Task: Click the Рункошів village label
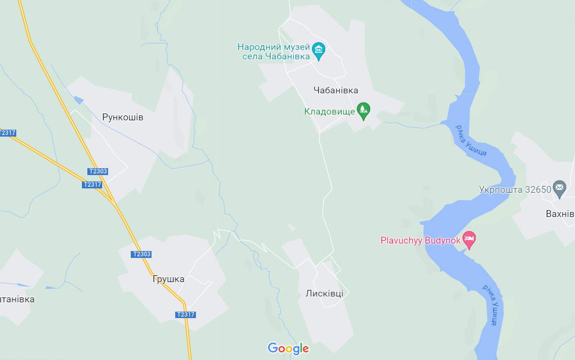click(x=122, y=117)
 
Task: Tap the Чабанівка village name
click(x=336, y=90)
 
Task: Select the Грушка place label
click(x=168, y=279)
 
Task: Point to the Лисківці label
click(x=324, y=293)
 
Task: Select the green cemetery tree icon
click(x=364, y=110)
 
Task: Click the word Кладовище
click(x=329, y=111)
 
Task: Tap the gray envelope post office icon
click(x=559, y=187)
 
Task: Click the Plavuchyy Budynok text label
click(x=420, y=241)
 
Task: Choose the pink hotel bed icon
click(x=469, y=240)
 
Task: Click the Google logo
click(x=288, y=349)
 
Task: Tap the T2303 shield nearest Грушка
click(x=141, y=254)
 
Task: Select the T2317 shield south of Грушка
click(x=186, y=315)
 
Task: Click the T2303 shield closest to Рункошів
click(x=98, y=172)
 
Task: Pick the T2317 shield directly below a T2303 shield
click(x=92, y=184)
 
